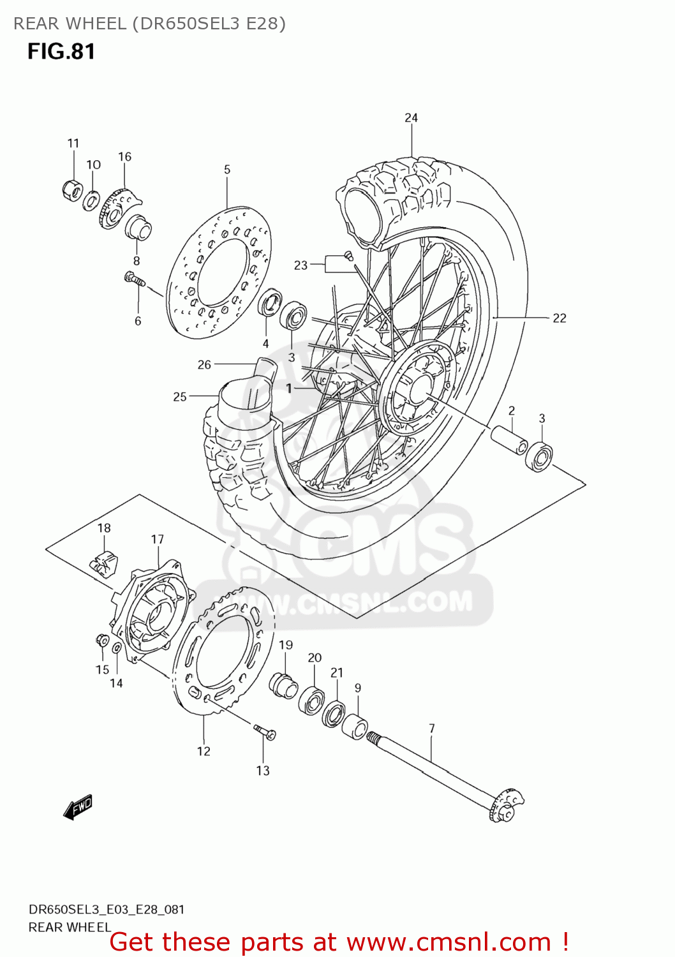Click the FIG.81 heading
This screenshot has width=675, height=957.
[x=61, y=52]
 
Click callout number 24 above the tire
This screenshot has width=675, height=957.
[x=411, y=118]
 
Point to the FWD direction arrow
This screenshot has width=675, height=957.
[x=78, y=807]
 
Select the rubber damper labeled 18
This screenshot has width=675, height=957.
[x=103, y=560]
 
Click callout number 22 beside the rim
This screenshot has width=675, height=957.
[x=559, y=318]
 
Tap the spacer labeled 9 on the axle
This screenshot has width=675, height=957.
[x=355, y=727]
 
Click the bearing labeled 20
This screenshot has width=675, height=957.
[x=312, y=700]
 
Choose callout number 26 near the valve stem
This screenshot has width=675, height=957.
[x=204, y=365]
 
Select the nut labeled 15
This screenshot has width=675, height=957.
[x=101, y=639]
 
